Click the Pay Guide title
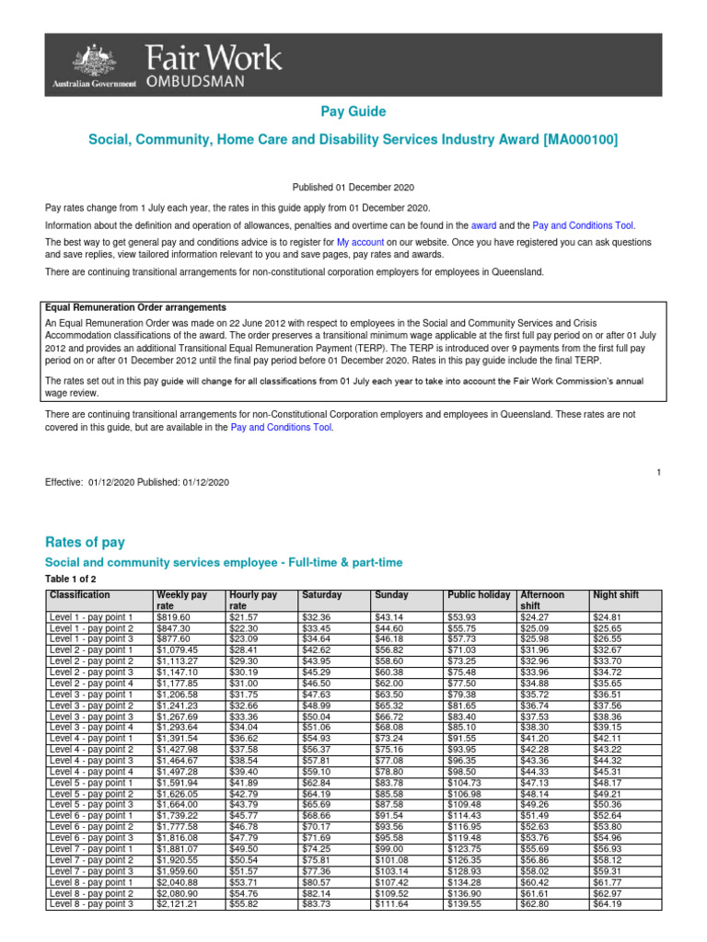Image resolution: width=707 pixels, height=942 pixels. pos(353,111)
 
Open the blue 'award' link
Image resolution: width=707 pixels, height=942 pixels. pos(483,225)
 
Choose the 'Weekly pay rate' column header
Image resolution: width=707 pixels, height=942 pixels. pos(182,601)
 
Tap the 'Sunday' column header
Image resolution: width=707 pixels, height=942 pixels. pos(390,595)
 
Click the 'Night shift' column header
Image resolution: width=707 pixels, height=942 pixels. pos(617,595)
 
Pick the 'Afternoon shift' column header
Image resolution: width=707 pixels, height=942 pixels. pos(542,601)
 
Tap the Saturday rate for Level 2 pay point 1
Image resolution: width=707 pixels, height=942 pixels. pos(317,650)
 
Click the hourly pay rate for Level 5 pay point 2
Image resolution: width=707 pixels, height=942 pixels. pos(244,793)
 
